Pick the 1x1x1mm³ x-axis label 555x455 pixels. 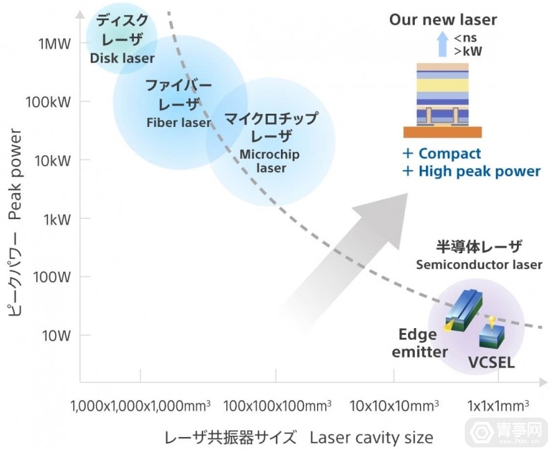tap(498, 405)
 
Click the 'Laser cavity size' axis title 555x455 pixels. tap(371, 438)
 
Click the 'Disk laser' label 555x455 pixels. tap(122, 58)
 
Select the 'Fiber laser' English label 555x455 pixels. tap(178, 123)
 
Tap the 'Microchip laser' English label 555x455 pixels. tap(272, 160)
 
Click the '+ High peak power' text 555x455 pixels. tap(471, 171)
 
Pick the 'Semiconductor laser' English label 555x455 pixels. tap(479, 265)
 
